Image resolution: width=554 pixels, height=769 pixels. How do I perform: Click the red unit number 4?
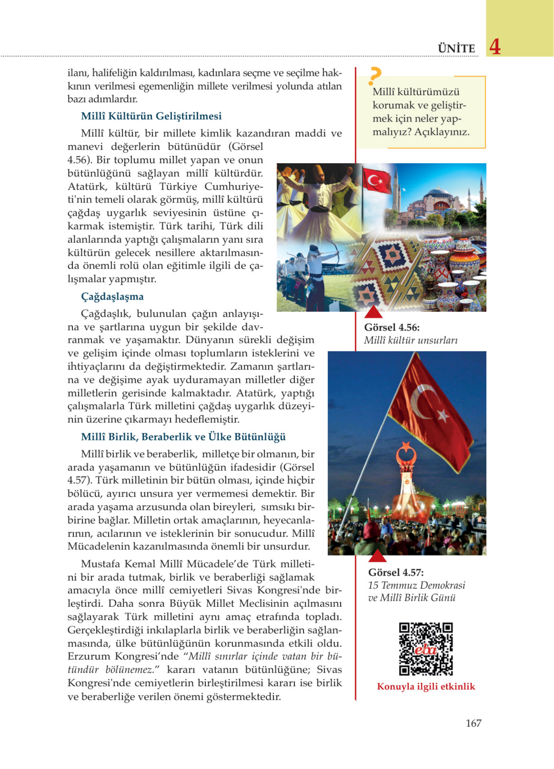(495, 47)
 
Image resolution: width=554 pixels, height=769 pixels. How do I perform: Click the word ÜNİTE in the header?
(456, 49)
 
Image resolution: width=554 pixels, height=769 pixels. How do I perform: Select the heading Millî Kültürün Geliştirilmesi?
(151, 116)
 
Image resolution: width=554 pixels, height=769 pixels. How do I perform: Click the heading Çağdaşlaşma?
(112, 296)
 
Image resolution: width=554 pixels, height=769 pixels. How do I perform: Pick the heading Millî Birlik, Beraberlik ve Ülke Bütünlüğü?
(183, 437)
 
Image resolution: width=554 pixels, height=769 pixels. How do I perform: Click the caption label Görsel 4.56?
(392, 327)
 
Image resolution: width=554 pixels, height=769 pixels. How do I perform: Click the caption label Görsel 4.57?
(396, 572)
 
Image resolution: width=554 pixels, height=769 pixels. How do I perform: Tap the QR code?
(426, 649)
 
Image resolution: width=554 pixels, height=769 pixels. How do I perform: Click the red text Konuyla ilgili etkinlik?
(426, 687)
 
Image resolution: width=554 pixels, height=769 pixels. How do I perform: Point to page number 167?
(474, 723)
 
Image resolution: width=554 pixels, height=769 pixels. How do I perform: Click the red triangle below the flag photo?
(377, 556)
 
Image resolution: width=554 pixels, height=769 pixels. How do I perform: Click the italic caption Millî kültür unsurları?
(411, 340)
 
